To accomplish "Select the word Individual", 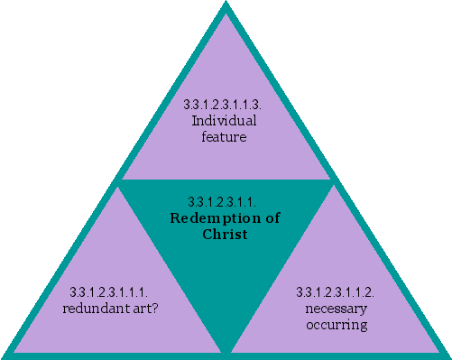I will pos(225,121).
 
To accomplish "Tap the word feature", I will pos(225,136).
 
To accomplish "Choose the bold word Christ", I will pos(225,235).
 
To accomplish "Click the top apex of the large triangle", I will pos(226,5).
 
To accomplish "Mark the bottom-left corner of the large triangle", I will pos(5,355).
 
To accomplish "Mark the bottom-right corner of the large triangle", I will pos(447,355).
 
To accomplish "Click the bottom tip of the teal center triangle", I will pos(226,350).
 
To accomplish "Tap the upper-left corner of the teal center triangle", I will pos(119,181).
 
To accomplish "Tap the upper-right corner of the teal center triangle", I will pos(333,181).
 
